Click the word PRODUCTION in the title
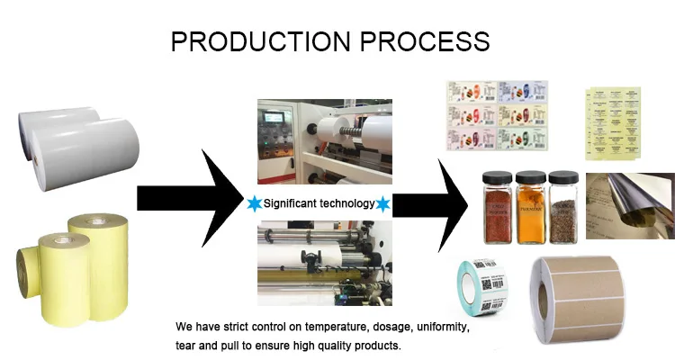(x=261, y=41)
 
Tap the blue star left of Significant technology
(x=253, y=204)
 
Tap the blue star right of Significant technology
(x=382, y=204)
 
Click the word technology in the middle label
(x=346, y=204)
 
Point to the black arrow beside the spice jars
(x=434, y=203)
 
